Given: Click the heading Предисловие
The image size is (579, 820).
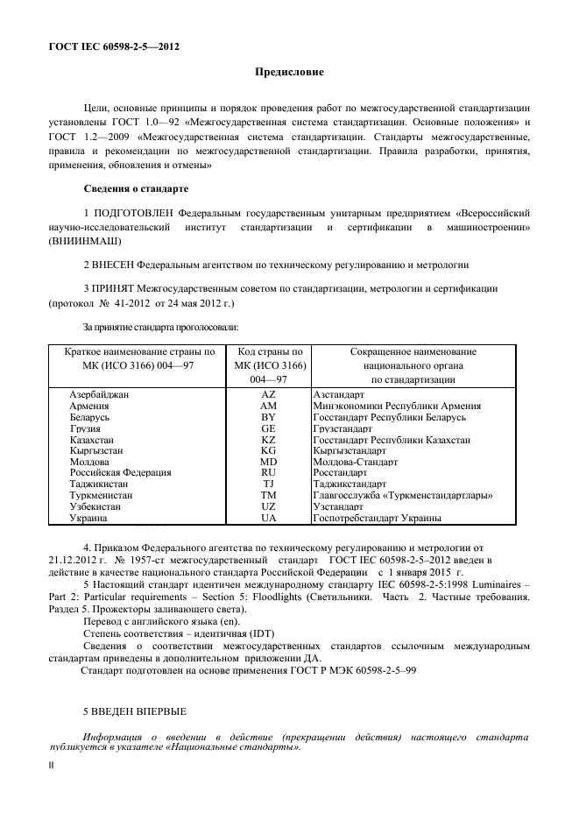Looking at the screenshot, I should pos(289,71).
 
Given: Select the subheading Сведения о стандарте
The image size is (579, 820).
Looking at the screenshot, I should pos(134,188).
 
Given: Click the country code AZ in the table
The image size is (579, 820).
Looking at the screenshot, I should pos(268,395).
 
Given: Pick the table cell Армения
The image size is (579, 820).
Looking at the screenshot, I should pos(89,406).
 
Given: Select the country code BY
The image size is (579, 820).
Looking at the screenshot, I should pos(268,418).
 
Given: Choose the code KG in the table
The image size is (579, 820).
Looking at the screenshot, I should pos(268,451).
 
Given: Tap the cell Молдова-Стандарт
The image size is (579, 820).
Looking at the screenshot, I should pos(355,462).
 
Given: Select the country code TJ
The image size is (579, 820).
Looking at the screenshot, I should pos(268,484).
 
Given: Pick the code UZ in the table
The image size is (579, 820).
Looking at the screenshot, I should pos(268,506).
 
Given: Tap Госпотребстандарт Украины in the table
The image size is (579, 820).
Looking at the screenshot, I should pos(376,518).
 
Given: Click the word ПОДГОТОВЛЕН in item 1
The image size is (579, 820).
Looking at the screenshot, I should pos(131,213).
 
